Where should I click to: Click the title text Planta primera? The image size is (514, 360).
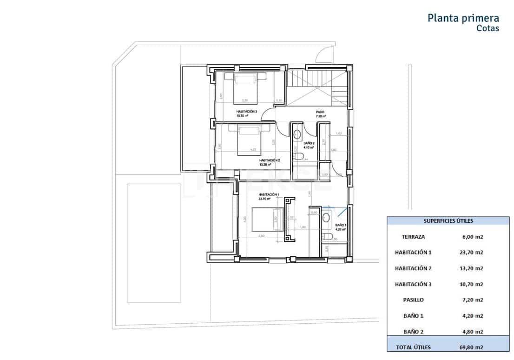tap(463, 18)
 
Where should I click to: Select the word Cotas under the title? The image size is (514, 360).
tap(488, 28)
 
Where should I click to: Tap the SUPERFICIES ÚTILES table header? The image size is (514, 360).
tap(448, 221)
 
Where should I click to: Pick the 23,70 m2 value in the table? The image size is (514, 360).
tap(469, 253)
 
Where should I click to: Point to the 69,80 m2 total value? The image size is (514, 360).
tap(469, 347)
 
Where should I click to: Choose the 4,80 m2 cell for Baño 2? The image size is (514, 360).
tap(469, 332)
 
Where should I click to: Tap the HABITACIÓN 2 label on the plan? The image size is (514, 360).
tap(270, 160)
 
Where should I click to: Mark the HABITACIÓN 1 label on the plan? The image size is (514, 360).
tap(256, 194)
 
